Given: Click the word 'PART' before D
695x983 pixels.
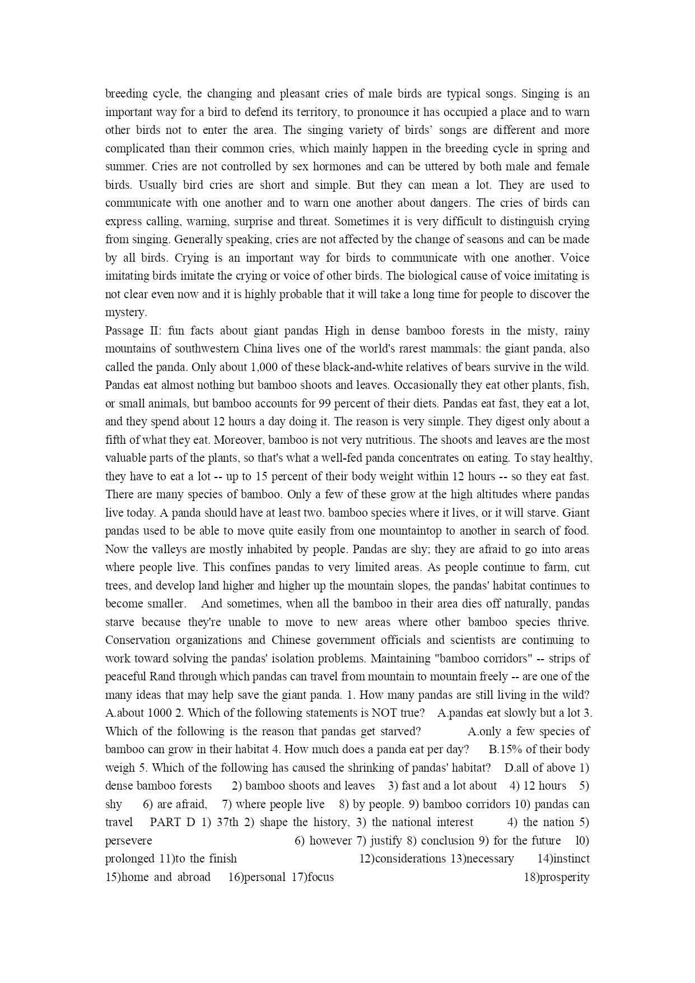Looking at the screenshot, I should (x=166, y=822).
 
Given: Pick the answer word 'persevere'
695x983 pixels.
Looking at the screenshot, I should (x=128, y=841).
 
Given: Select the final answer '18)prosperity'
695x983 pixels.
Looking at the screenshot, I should (x=556, y=877).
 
